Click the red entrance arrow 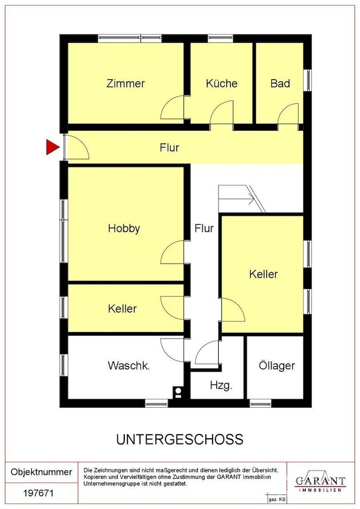pyautogui.click(x=52, y=147)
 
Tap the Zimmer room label pyautogui.click(x=126, y=83)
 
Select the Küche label pyautogui.click(x=222, y=83)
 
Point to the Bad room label pyautogui.click(x=280, y=83)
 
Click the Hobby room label pyautogui.click(x=124, y=228)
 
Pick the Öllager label pyautogui.click(x=277, y=366)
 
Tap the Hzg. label pyautogui.click(x=221, y=386)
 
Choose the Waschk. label pyautogui.click(x=129, y=366)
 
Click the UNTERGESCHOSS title pyautogui.click(x=180, y=439)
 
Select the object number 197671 pyautogui.click(x=38, y=493)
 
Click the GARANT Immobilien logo pyautogui.click(x=320, y=483)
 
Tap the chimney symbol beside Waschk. pyautogui.click(x=178, y=392)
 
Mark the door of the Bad pyautogui.click(x=288, y=114)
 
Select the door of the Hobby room pyautogui.click(x=172, y=252)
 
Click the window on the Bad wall pyautogui.click(x=307, y=80)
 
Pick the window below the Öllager pyautogui.click(x=261, y=403)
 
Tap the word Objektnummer pyautogui.click(x=41, y=472)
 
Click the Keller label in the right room pyautogui.click(x=263, y=274)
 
